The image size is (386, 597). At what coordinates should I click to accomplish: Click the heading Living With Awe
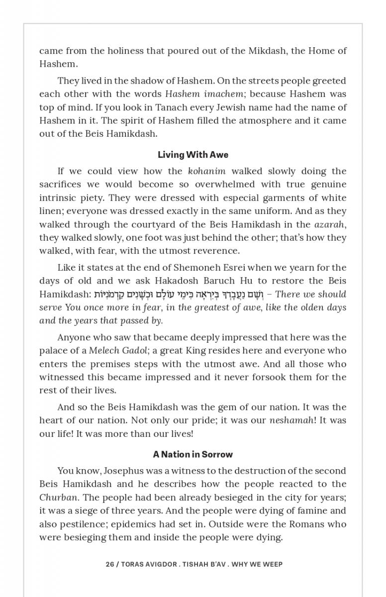coord(193,155)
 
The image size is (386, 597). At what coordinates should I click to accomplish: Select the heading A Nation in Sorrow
coord(193,454)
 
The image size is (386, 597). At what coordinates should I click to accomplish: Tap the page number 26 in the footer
coord(109,564)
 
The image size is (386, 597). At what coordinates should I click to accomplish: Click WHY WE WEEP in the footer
coord(260,564)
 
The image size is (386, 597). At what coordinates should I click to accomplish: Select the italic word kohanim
coord(207,171)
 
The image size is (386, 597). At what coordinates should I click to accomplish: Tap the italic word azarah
coord(330,224)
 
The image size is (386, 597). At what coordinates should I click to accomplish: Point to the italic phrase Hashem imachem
coord(204,94)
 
